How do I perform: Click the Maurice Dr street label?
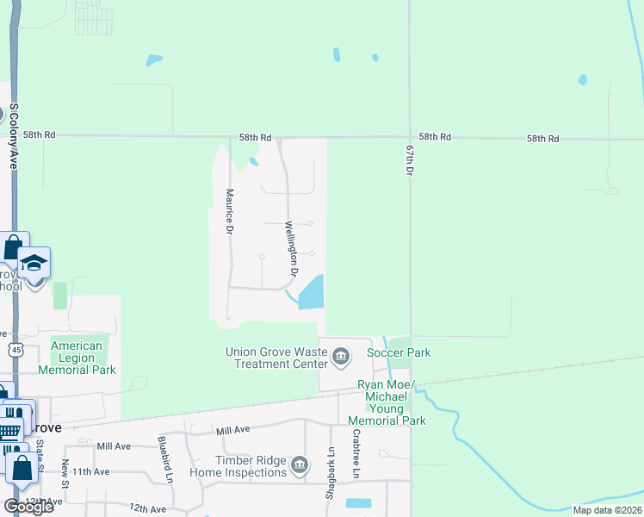click(x=230, y=215)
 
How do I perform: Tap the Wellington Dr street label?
click(x=291, y=248)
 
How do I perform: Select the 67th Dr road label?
click(x=410, y=161)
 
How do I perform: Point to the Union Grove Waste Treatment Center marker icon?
click(x=341, y=356)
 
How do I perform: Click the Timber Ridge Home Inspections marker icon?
click(x=299, y=466)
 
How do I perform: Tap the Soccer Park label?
click(x=398, y=352)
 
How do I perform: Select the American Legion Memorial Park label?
click(x=77, y=358)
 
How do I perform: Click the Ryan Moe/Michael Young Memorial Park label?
click(x=387, y=402)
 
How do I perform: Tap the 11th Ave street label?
click(x=91, y=472)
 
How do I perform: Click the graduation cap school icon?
click(x=34, y=262)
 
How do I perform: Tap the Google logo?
click(x=28, y=507)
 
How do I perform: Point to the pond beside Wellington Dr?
click(x=312, y=292)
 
